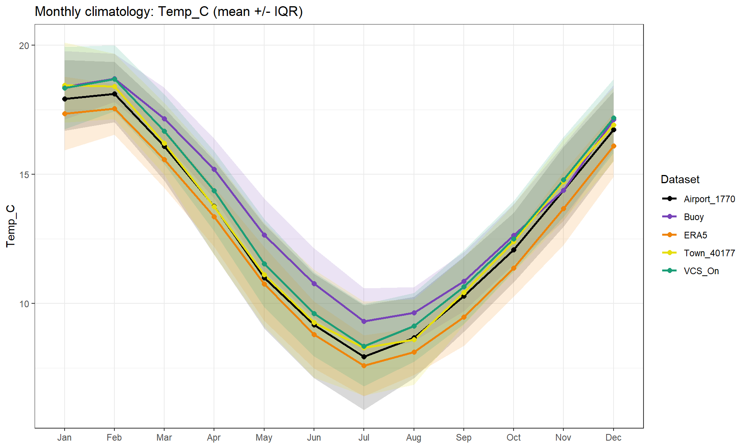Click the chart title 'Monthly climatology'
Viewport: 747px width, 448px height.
[x=168, y=12]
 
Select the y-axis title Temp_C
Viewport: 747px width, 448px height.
[x=11, y=226]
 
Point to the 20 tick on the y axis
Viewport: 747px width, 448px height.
[x=24, y=46]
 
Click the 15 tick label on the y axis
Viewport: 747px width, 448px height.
[x=24, y=175]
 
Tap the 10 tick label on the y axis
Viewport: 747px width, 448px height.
[x=24, y=304]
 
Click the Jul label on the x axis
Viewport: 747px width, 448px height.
[x=364, y=437]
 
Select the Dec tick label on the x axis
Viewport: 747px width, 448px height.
[x=613, y=437]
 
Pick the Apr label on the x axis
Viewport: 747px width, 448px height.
[x=214, y=437]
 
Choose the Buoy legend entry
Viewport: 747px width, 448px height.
[x=693, y=217]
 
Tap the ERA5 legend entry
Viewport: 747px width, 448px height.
[x=695, y=235]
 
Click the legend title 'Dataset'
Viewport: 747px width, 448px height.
[x=680, y=180]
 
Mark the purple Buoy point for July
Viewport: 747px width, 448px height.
[x=364, y=321]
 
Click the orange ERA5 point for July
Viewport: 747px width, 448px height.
[x=364, y=366]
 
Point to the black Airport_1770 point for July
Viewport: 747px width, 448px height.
[x=364, y=357]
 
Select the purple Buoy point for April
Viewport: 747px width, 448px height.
[x=214, y=170]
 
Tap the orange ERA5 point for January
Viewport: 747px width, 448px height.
[x=65, y=114]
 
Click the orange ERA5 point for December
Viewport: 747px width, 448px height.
[x=614, y=146]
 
